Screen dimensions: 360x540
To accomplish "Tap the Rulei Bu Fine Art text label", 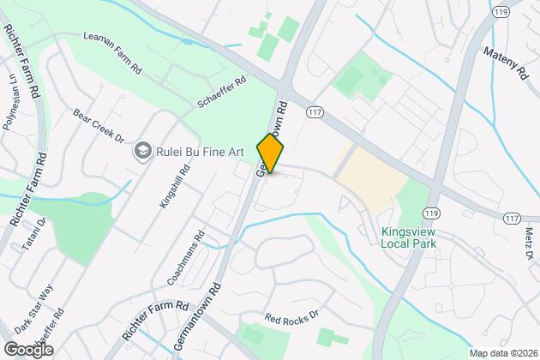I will [201, 153].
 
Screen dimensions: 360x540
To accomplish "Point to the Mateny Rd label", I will [504, 63].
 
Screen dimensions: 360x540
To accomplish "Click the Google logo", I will [28, 349].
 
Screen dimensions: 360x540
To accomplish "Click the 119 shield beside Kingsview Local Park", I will [429, 212].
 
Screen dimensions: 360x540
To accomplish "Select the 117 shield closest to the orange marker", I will [314, 110].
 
